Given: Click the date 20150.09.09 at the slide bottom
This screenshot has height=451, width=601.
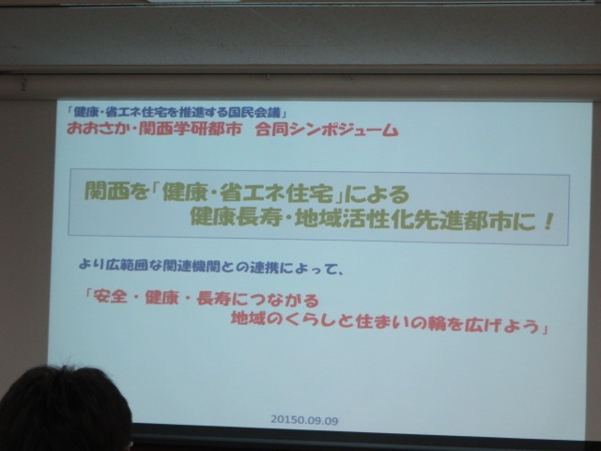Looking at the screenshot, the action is (304, 420).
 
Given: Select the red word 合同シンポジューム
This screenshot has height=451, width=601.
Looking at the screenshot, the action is (327, 130).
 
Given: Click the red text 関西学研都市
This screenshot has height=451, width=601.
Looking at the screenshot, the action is (190, 130).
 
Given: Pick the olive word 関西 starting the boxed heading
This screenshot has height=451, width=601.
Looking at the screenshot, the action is (101, 191).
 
